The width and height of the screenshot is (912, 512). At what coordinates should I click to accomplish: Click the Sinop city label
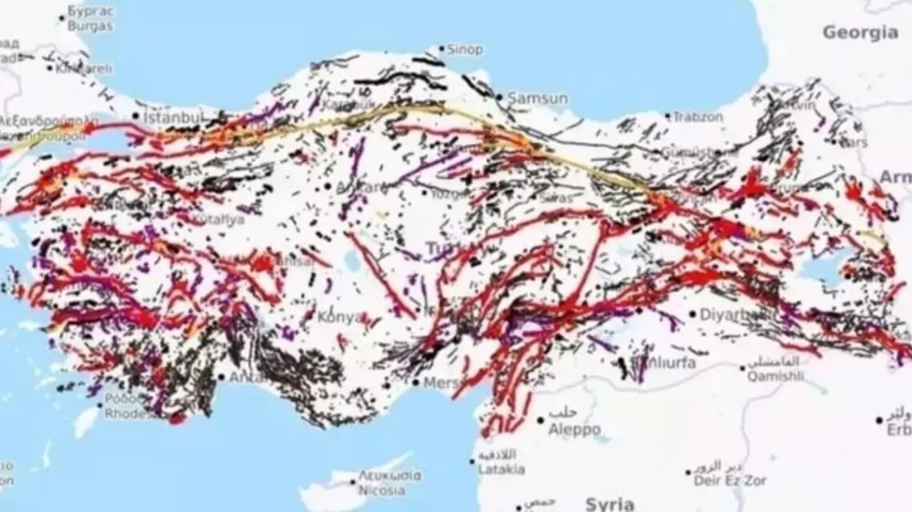coord(465,50)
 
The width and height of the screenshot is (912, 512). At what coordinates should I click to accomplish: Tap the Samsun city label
coord(538,98)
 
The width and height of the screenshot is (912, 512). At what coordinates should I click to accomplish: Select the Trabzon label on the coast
coord(698,117)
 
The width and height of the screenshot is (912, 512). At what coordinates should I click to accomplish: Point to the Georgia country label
coord(860,33)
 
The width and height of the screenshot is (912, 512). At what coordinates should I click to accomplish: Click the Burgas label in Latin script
coord(90,26)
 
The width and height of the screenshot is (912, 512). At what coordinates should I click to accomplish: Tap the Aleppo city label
coord(574,430)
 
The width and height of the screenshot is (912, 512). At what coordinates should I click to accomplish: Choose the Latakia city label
coord(502,470)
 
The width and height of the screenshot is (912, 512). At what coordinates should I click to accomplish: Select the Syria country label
coord(610,503)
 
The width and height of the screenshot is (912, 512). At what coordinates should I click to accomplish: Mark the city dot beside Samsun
coord(500,98)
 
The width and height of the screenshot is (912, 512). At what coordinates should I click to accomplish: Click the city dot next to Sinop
coord(441,49)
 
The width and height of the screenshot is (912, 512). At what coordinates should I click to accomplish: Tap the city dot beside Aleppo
coord(541,420)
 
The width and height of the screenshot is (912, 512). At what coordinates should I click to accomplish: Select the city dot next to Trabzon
coord(666,117)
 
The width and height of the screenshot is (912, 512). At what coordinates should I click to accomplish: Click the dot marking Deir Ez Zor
coord(688,473)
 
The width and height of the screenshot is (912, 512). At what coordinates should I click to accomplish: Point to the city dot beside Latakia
coord(472,461)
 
